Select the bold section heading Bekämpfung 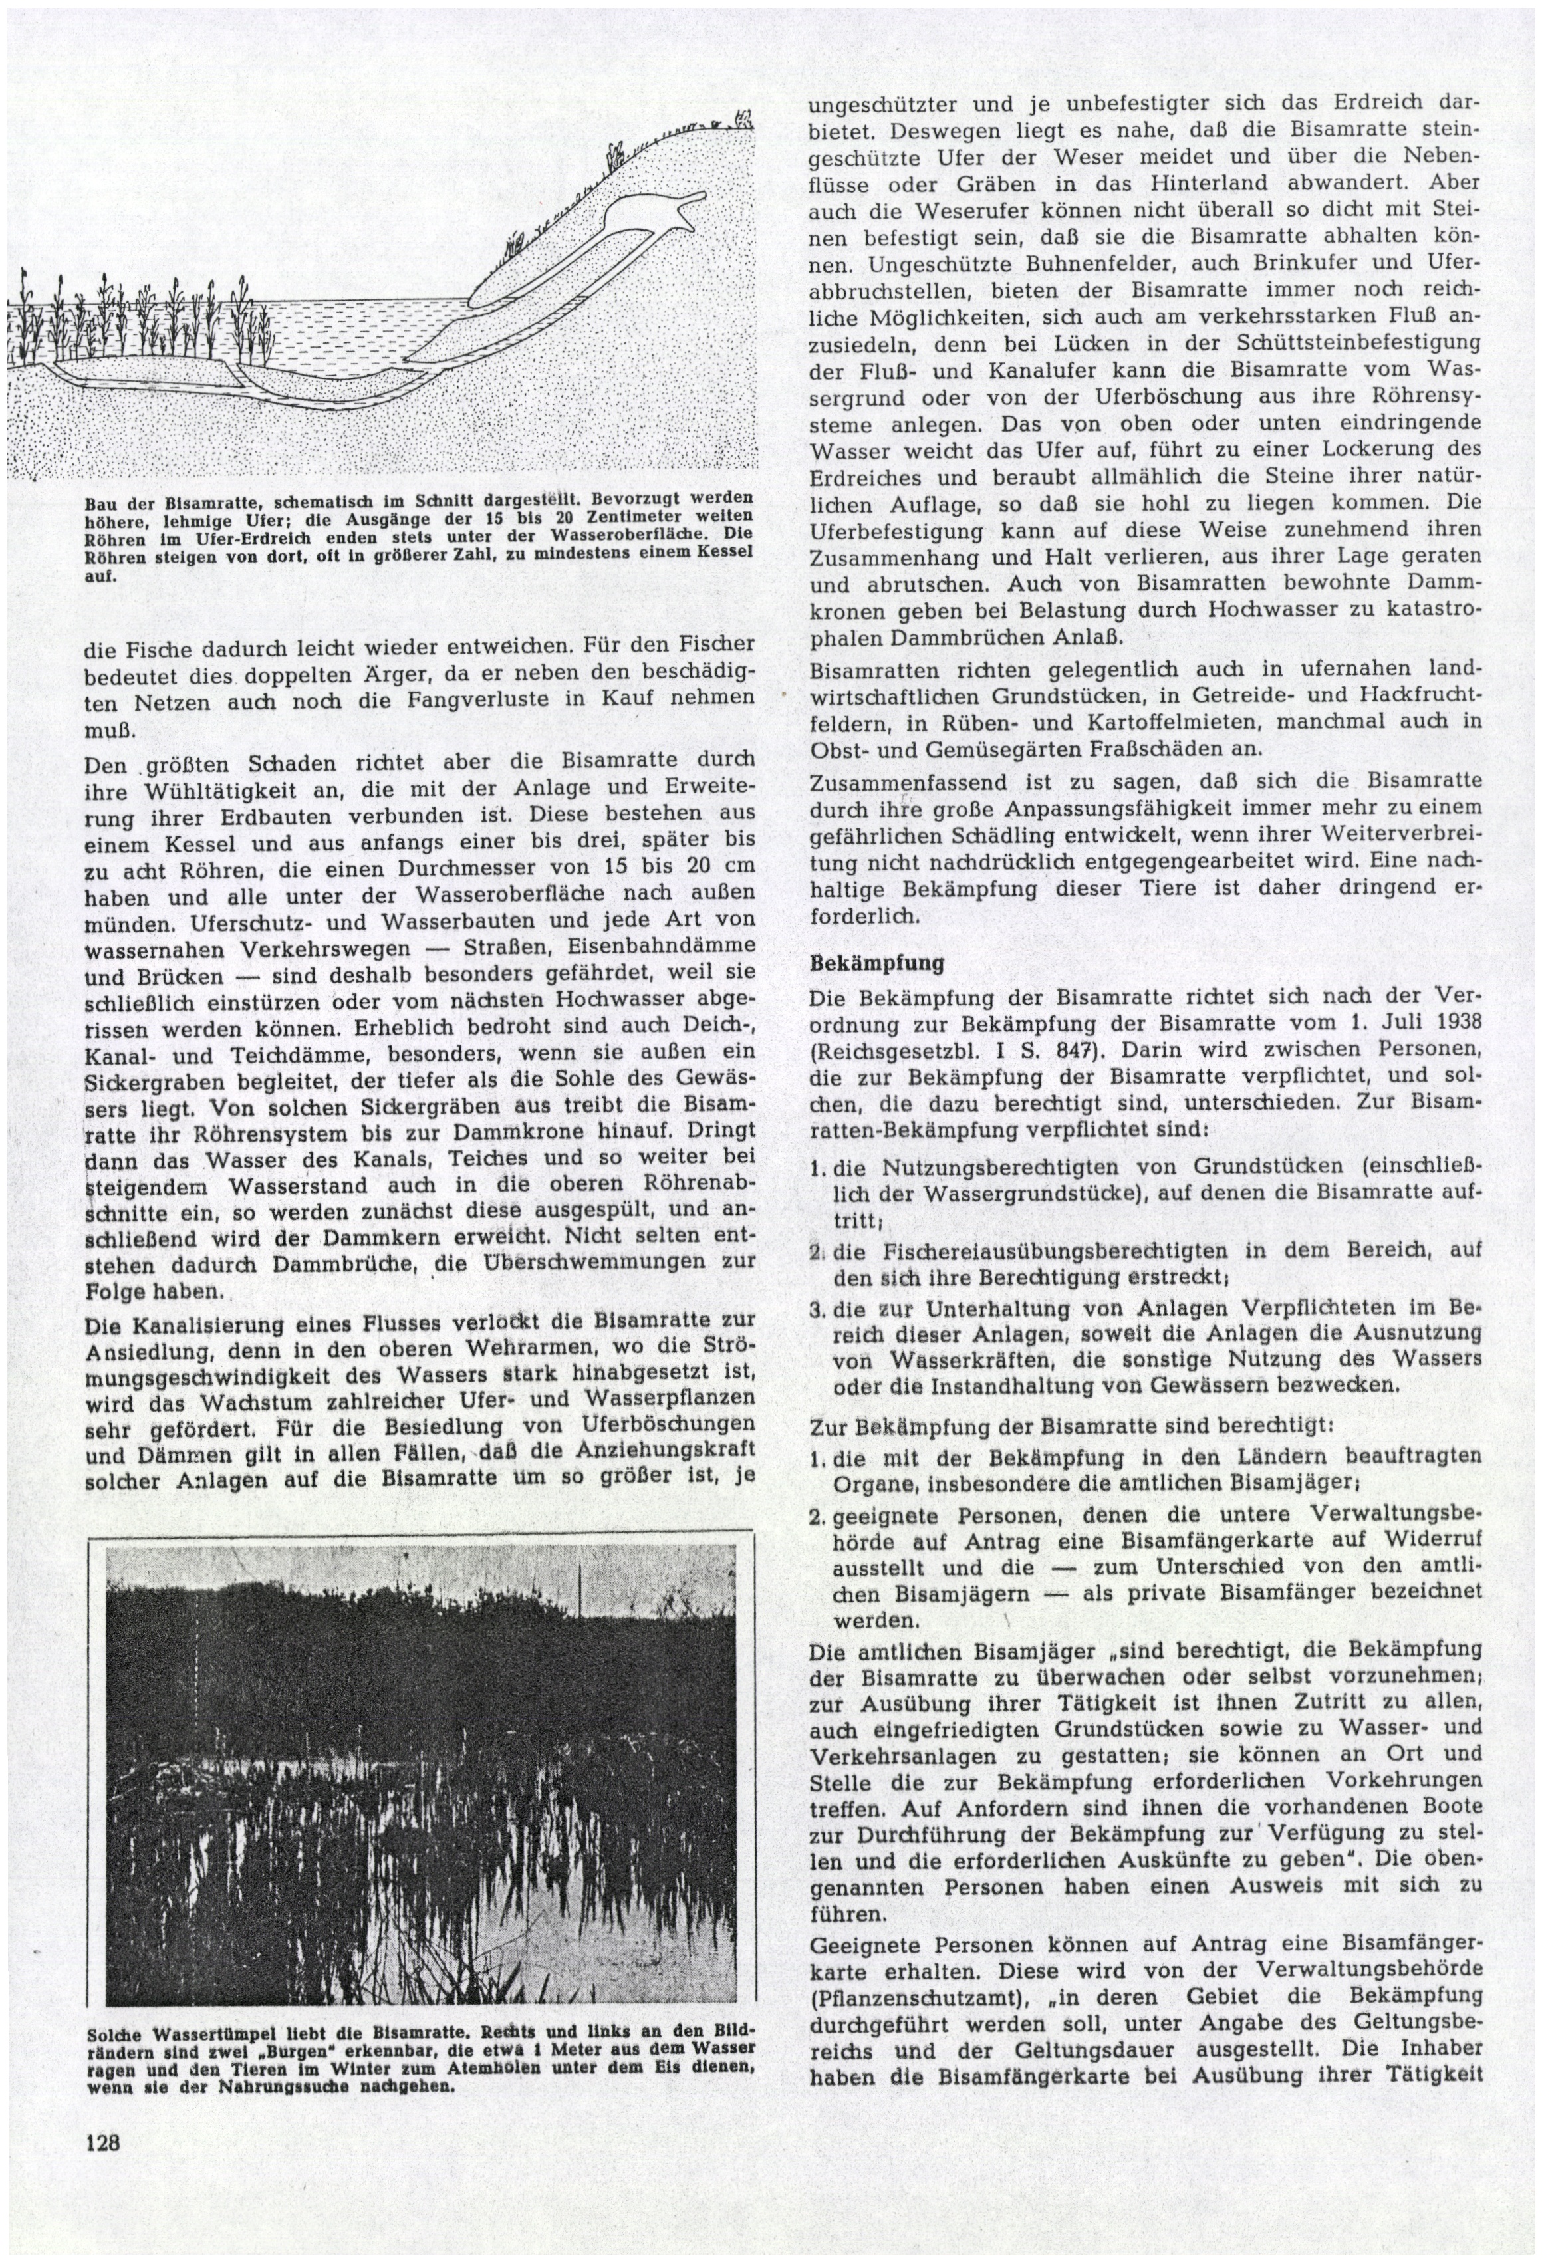click(x=863, y=963)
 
